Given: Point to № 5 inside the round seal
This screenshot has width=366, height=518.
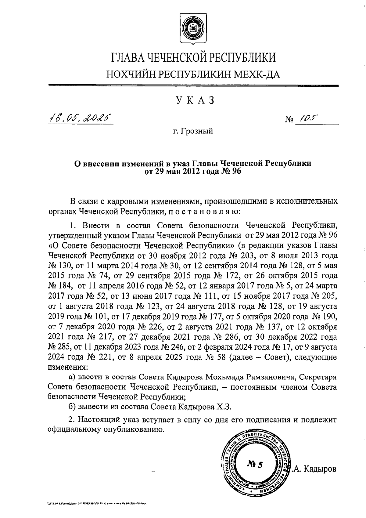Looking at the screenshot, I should click(255, 465).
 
